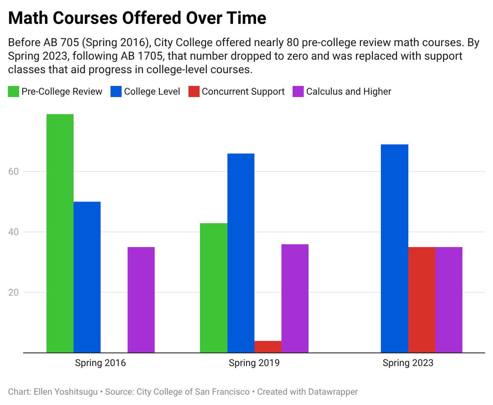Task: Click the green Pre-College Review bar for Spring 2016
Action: coord(60,233)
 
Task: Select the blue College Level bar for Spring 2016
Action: coord(87,277)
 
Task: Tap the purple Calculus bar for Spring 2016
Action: coord(141,299)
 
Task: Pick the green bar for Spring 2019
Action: coord(214,288)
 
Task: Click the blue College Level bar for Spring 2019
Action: coord(241,253)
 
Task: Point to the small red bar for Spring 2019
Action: coord(268,347)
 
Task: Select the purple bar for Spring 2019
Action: coord(295,298)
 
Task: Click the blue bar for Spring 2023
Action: coord(394,248)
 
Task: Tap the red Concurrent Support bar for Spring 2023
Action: coord(422,299)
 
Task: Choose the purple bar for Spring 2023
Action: coord(449,299)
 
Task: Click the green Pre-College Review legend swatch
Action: coord(14,91)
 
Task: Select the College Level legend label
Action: coord(152,91)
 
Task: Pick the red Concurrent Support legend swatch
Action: coord(194,91)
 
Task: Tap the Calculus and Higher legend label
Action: coord(348,91)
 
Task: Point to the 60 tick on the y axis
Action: coord(14,171)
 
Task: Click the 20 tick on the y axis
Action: coord(14,292)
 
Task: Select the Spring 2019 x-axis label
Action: coord(254,363)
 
